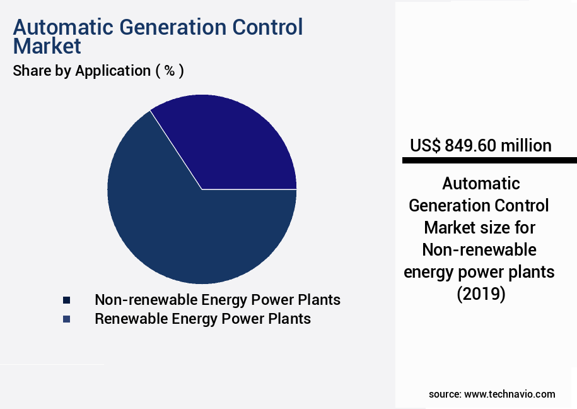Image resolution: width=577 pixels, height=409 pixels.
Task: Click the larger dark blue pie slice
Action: pyautogui.click(x=189, y=234)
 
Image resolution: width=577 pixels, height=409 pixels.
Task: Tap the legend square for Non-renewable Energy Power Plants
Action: pyautogui.click(x=66, y=300)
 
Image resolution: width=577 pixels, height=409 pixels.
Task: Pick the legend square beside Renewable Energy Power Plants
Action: pyautogui.click(x=66, y=319)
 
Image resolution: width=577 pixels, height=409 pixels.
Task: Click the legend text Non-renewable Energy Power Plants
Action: pyautogui.click(x=218, y=300)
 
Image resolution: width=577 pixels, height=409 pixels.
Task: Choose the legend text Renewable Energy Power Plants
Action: pyautogui.click(x=202, y=319)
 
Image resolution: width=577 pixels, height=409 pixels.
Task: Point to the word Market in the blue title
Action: pyautogui.click(x=47, y=46)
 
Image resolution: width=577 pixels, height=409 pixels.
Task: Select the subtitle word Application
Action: pyautogui.click(x=112, y=71)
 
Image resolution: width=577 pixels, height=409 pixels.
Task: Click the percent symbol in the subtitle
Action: pyautogui.click(x=169, y=71)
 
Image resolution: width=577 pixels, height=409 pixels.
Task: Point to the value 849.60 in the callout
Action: pyautogui.click(x=470, y=146)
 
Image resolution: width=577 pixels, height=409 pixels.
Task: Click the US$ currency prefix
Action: pyautogui.click(x=425, y=146)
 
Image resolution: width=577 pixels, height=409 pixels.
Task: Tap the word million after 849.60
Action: pyautogui.click(x=526, y=146)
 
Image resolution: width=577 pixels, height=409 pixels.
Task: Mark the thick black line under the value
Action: pyautogui.click(x=489, y=161)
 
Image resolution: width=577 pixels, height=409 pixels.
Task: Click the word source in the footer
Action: pyautogui.click(x=445, y=394)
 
